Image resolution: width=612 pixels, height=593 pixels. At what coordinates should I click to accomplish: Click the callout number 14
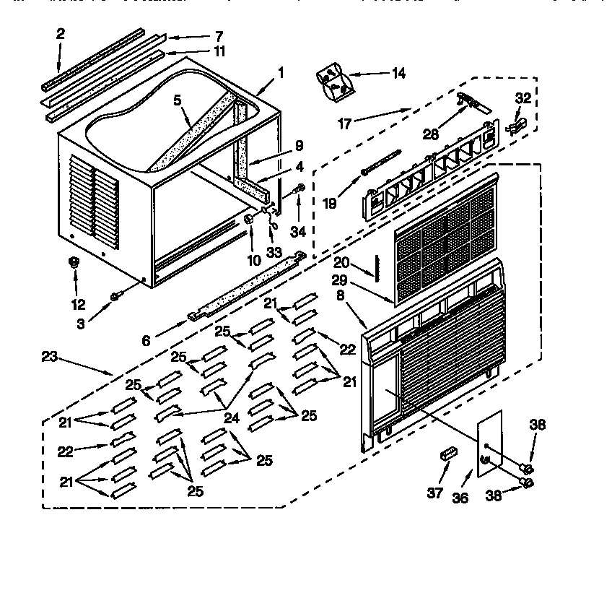(x=398, y=73)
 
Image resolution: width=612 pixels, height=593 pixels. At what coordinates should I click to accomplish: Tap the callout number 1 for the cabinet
(x=281, y=72)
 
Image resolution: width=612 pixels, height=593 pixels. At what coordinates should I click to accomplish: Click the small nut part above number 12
(x=73, y=263)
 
